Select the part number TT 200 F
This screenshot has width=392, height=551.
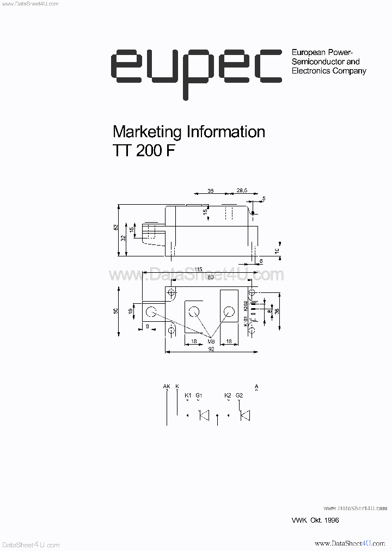click(144, 151)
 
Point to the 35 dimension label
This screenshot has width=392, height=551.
click(211, 191)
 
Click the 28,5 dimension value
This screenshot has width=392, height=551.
click(242, 191)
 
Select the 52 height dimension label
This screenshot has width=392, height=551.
click(115, 228)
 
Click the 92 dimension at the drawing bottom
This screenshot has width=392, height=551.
click(211, 350)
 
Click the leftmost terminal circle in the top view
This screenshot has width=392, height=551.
click(151, 312)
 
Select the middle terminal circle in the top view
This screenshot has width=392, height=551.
click(193, 312)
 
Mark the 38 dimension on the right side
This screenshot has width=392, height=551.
click(277, 311)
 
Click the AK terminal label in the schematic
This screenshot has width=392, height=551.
click(167, 387)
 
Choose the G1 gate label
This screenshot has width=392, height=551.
click(199, 395)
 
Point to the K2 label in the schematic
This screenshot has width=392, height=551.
click(228, 395)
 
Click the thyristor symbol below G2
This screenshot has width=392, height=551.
click(245, 416)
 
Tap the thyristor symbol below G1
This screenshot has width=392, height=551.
click(204, 416)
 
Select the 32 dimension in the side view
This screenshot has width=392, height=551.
click(124, 238)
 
